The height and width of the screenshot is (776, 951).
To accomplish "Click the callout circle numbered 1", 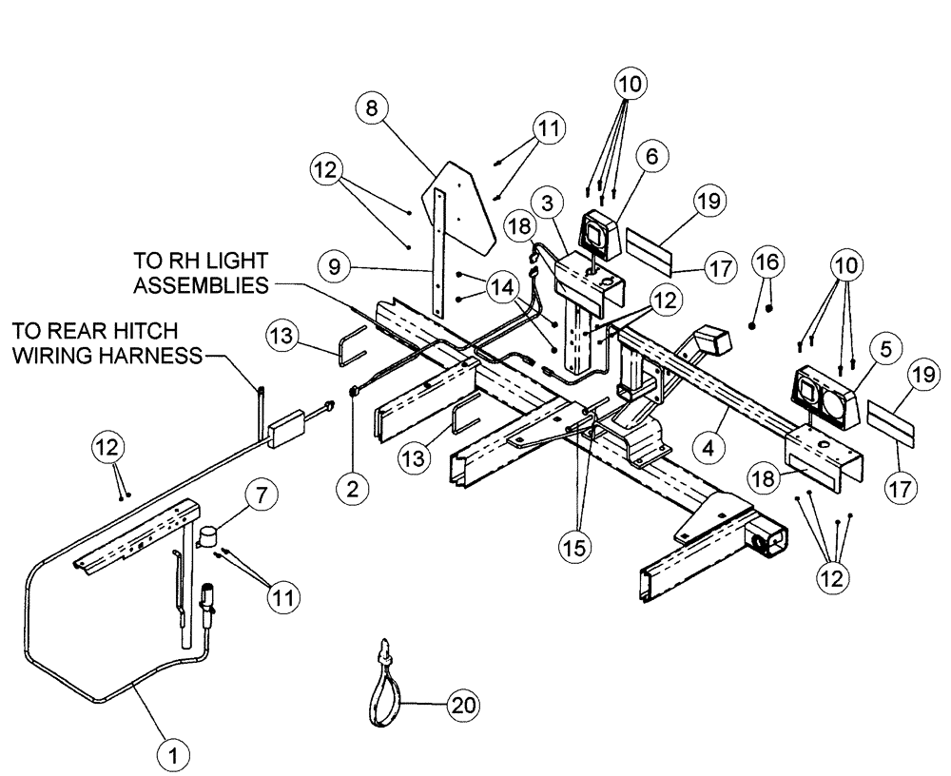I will tap(172, 756).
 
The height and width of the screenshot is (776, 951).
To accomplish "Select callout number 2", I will tap(352, 489).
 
